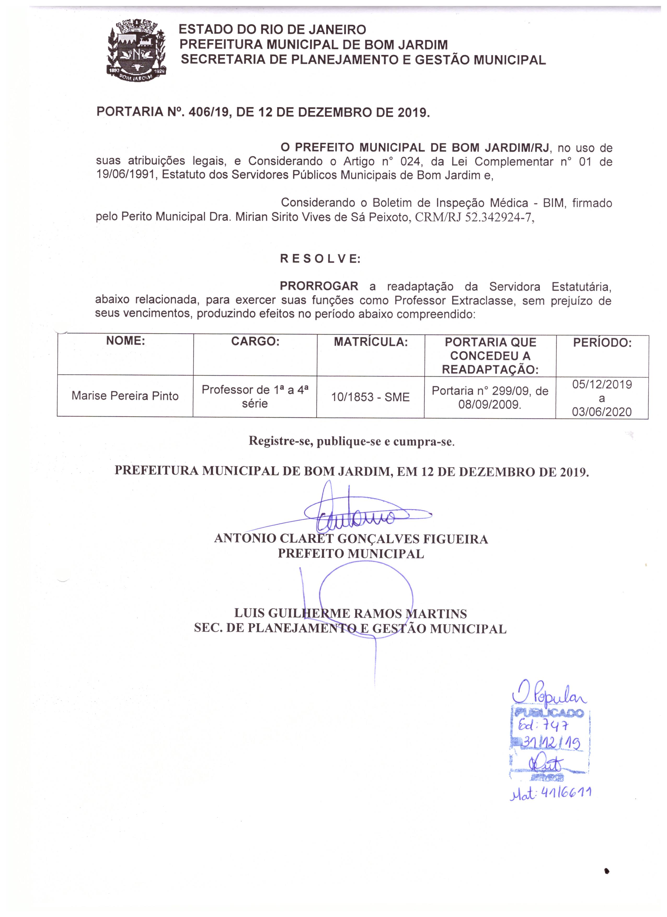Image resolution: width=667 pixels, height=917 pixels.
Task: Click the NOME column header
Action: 125,341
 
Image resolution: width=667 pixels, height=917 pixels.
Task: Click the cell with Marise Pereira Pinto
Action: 125,396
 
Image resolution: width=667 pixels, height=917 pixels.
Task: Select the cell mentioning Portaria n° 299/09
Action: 490,397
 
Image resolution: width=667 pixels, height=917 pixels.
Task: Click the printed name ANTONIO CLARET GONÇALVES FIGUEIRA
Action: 351,538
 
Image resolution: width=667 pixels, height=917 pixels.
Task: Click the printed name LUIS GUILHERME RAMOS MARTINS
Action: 350,613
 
